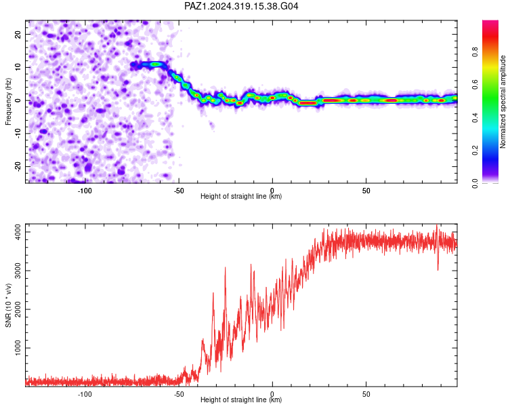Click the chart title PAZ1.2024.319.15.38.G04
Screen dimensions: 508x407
[x=241, y=6]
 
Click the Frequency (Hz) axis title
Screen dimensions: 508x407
[x=8, y=102]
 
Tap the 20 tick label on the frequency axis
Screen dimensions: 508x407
[x=18, y=34]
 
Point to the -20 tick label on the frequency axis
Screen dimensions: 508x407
[x=18, y=167]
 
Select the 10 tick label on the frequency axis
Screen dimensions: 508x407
[x=18, y=67]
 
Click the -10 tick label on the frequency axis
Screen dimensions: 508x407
[x=18, y=134]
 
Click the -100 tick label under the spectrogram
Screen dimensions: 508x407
[x=85, y=191]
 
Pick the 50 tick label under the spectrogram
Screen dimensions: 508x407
[x=366, y=191]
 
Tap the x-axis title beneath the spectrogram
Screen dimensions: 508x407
[x=241, y=196]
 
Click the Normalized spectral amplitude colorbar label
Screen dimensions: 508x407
[x=503, y=102]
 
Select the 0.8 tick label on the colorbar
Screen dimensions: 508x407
[x=475, y=52]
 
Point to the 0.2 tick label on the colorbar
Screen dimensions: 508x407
[x=475, y=151]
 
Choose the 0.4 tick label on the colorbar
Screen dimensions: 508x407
[x=475, y=117]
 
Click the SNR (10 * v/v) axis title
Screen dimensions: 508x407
[x=8, y=305]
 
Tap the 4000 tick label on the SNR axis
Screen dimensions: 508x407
[x=18, y=232]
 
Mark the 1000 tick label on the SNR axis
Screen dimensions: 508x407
[x=18, y=348]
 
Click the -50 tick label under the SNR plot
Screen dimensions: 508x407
[x=179, y=394]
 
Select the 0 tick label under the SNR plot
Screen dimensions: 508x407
[x=272, y=394]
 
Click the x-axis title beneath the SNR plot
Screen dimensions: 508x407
[x=241, y=400]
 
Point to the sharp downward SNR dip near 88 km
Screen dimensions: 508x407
[x=438, y=269]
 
